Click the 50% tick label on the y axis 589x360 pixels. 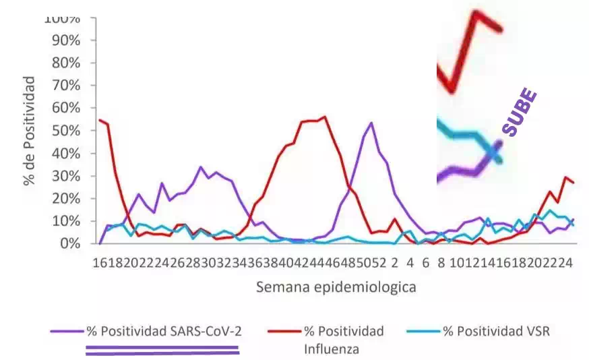[65, 131]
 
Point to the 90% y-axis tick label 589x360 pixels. [65, 40]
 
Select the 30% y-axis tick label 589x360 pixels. [65, 176]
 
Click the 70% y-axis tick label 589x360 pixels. [65, 85]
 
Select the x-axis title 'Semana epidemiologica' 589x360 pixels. [336, 288]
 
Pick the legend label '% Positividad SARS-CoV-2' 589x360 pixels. [163, 332]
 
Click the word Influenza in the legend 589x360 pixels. [331, 349]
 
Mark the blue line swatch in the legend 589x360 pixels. [423, 332]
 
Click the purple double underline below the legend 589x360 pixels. [162, 350]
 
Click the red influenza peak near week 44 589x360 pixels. [325, 117]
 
